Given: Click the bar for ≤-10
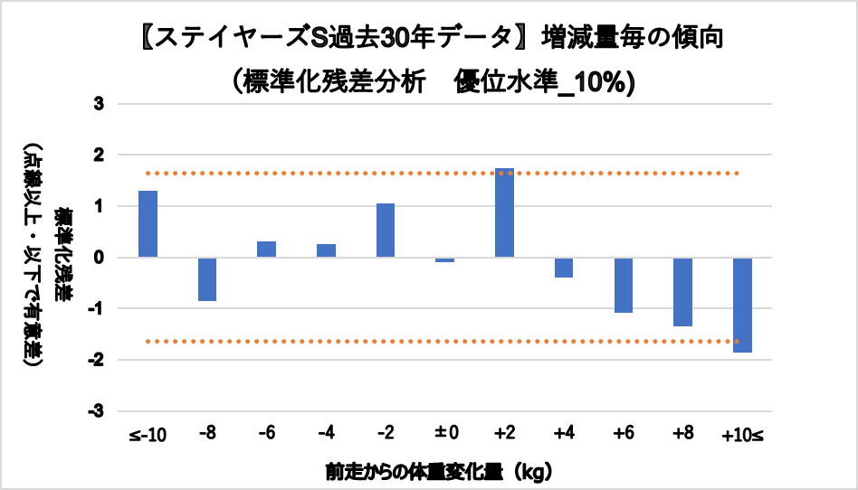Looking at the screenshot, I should (x=148, y=224).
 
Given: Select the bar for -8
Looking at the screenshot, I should (x=207, y=279).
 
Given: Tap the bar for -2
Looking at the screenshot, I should (x=386, y=231).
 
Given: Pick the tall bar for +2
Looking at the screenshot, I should (x=505, y=212).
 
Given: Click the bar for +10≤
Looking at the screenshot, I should (x=743, y=305).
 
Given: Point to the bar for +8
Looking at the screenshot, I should (x=683, y=292).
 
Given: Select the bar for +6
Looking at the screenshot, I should (x=624, y=285).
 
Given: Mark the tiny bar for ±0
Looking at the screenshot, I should (x=445, y=260).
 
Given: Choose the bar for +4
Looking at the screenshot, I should (x=564, y=268).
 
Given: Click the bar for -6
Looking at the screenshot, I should (x=267, y=250).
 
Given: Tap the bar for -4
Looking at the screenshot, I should (x=326, y=250).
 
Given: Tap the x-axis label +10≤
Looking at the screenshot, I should (x=743, y=436).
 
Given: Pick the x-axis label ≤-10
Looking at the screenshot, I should (x=148, y=436).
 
